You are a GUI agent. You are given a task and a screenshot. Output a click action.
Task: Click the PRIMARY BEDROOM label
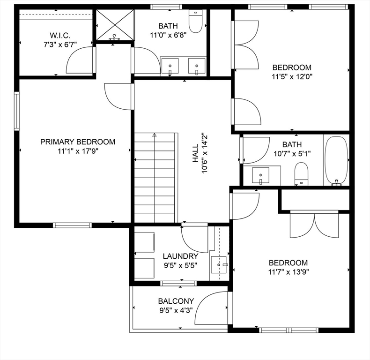click(x=77, y=142)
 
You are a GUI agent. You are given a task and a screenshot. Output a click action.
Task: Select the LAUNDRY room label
click(x=180, y=256)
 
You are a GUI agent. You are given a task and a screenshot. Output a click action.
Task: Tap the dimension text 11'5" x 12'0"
click(x=291, y=76)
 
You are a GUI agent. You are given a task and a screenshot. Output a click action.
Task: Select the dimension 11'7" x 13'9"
click(x=288, y=272)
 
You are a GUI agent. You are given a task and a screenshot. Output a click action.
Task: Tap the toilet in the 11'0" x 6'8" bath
click(x=195, y=22)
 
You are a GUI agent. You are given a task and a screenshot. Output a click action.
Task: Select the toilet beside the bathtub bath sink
click(x=301, y=173)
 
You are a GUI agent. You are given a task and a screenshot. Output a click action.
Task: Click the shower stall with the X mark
click(x=114, y=24)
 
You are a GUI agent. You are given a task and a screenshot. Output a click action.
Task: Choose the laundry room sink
click(x=219, y=264)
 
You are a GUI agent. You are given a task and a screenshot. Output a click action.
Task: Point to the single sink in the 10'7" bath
click(x=260, y=175)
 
